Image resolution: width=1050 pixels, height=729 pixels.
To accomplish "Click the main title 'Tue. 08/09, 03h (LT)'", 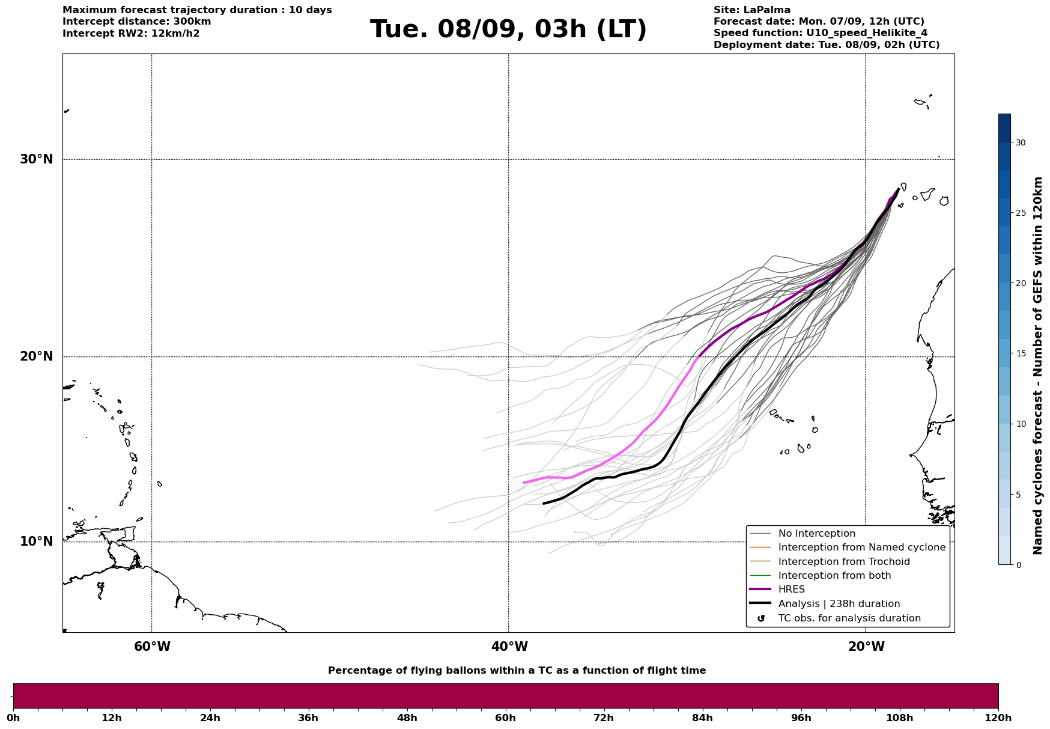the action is (x=508, y=29).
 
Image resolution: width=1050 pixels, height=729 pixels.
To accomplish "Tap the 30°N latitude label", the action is (x=36, y=159).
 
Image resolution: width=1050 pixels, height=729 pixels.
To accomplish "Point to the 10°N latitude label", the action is (x=36, y=541).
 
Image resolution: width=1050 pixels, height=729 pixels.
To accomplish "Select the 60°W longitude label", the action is (x=152, y=647).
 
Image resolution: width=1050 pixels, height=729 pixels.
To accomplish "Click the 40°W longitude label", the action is (x=509, y=647).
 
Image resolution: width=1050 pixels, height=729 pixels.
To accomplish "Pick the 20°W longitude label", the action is (x=866, y=647).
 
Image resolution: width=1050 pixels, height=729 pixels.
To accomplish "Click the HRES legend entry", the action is (x=792, y=590).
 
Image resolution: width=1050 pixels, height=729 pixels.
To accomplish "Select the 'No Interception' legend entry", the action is (x=817, y=534).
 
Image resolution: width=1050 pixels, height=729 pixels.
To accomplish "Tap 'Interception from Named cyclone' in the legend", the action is (x=862, y=548).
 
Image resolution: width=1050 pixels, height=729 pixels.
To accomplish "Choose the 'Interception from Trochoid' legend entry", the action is (x=844, y=562).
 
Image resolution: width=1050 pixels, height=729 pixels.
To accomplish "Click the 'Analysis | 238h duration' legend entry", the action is (x=839, y=604).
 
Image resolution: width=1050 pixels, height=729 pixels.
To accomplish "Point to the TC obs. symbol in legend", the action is (x=761, y=618).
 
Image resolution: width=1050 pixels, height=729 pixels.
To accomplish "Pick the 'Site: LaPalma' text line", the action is (x=752, y=10).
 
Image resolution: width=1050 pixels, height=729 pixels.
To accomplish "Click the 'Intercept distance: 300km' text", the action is (x=137, y=22).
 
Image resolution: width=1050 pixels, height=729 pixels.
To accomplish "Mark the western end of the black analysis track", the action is (x=544, y=504).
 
